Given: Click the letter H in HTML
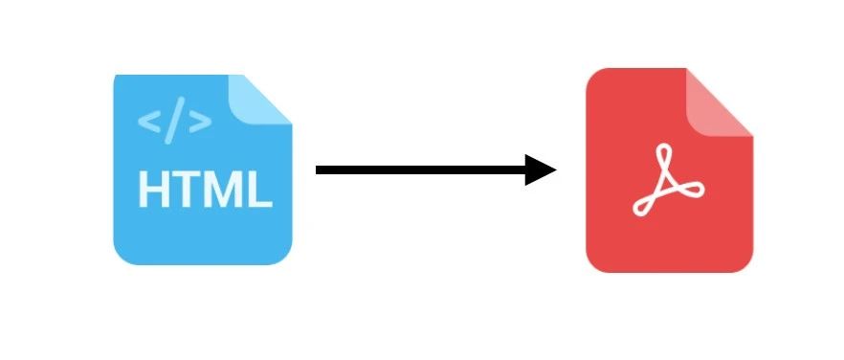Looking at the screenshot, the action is [x=154, y=190].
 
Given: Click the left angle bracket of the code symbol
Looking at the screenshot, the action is [x=149, y=122].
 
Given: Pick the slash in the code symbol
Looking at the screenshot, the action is [x=174, y=121].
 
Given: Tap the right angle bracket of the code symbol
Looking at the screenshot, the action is [x=200, y=122].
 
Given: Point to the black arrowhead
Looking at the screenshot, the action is [x=538, y=169].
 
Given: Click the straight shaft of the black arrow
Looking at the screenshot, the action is [x=420, y=169].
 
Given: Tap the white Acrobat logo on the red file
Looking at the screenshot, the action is [x=668, y=180].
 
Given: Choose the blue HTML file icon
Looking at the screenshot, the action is [x=203, y=169].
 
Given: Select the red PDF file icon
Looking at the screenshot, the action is [x=670, y=170].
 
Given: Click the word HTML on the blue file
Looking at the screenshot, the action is [x=206, y=190].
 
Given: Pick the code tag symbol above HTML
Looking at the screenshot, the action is [x=174, y=121].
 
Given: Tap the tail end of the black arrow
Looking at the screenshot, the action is [x=316, y=169].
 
